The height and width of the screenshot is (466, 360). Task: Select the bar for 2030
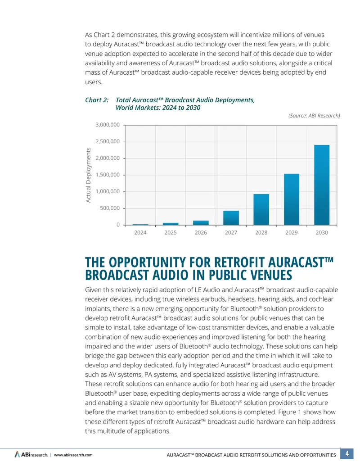(322, 185)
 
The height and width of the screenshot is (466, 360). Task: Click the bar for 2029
(292, 199)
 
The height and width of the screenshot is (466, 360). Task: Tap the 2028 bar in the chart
(261, 209)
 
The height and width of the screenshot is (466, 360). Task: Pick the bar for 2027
(231, 218)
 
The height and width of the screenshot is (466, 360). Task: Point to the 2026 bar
(201, 222)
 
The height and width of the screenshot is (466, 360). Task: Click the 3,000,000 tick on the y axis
(108, 125)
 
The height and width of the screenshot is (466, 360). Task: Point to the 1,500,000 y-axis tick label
(108, 175)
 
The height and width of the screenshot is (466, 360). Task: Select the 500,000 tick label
(110, 208)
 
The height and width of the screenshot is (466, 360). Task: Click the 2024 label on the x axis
(140, 233)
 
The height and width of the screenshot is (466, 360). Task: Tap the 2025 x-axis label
(171, 233)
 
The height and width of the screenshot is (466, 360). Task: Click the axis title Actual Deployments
(88, 175)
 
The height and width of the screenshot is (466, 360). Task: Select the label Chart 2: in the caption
(97, 100)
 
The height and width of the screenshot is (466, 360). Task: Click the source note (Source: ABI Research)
(314, 116)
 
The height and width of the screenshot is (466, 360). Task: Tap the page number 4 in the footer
(346, 454)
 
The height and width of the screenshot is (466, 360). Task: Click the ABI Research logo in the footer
(31, 455)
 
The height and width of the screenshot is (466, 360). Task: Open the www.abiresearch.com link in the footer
(73, 455)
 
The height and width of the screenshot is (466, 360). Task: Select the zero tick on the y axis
(118, 225)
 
